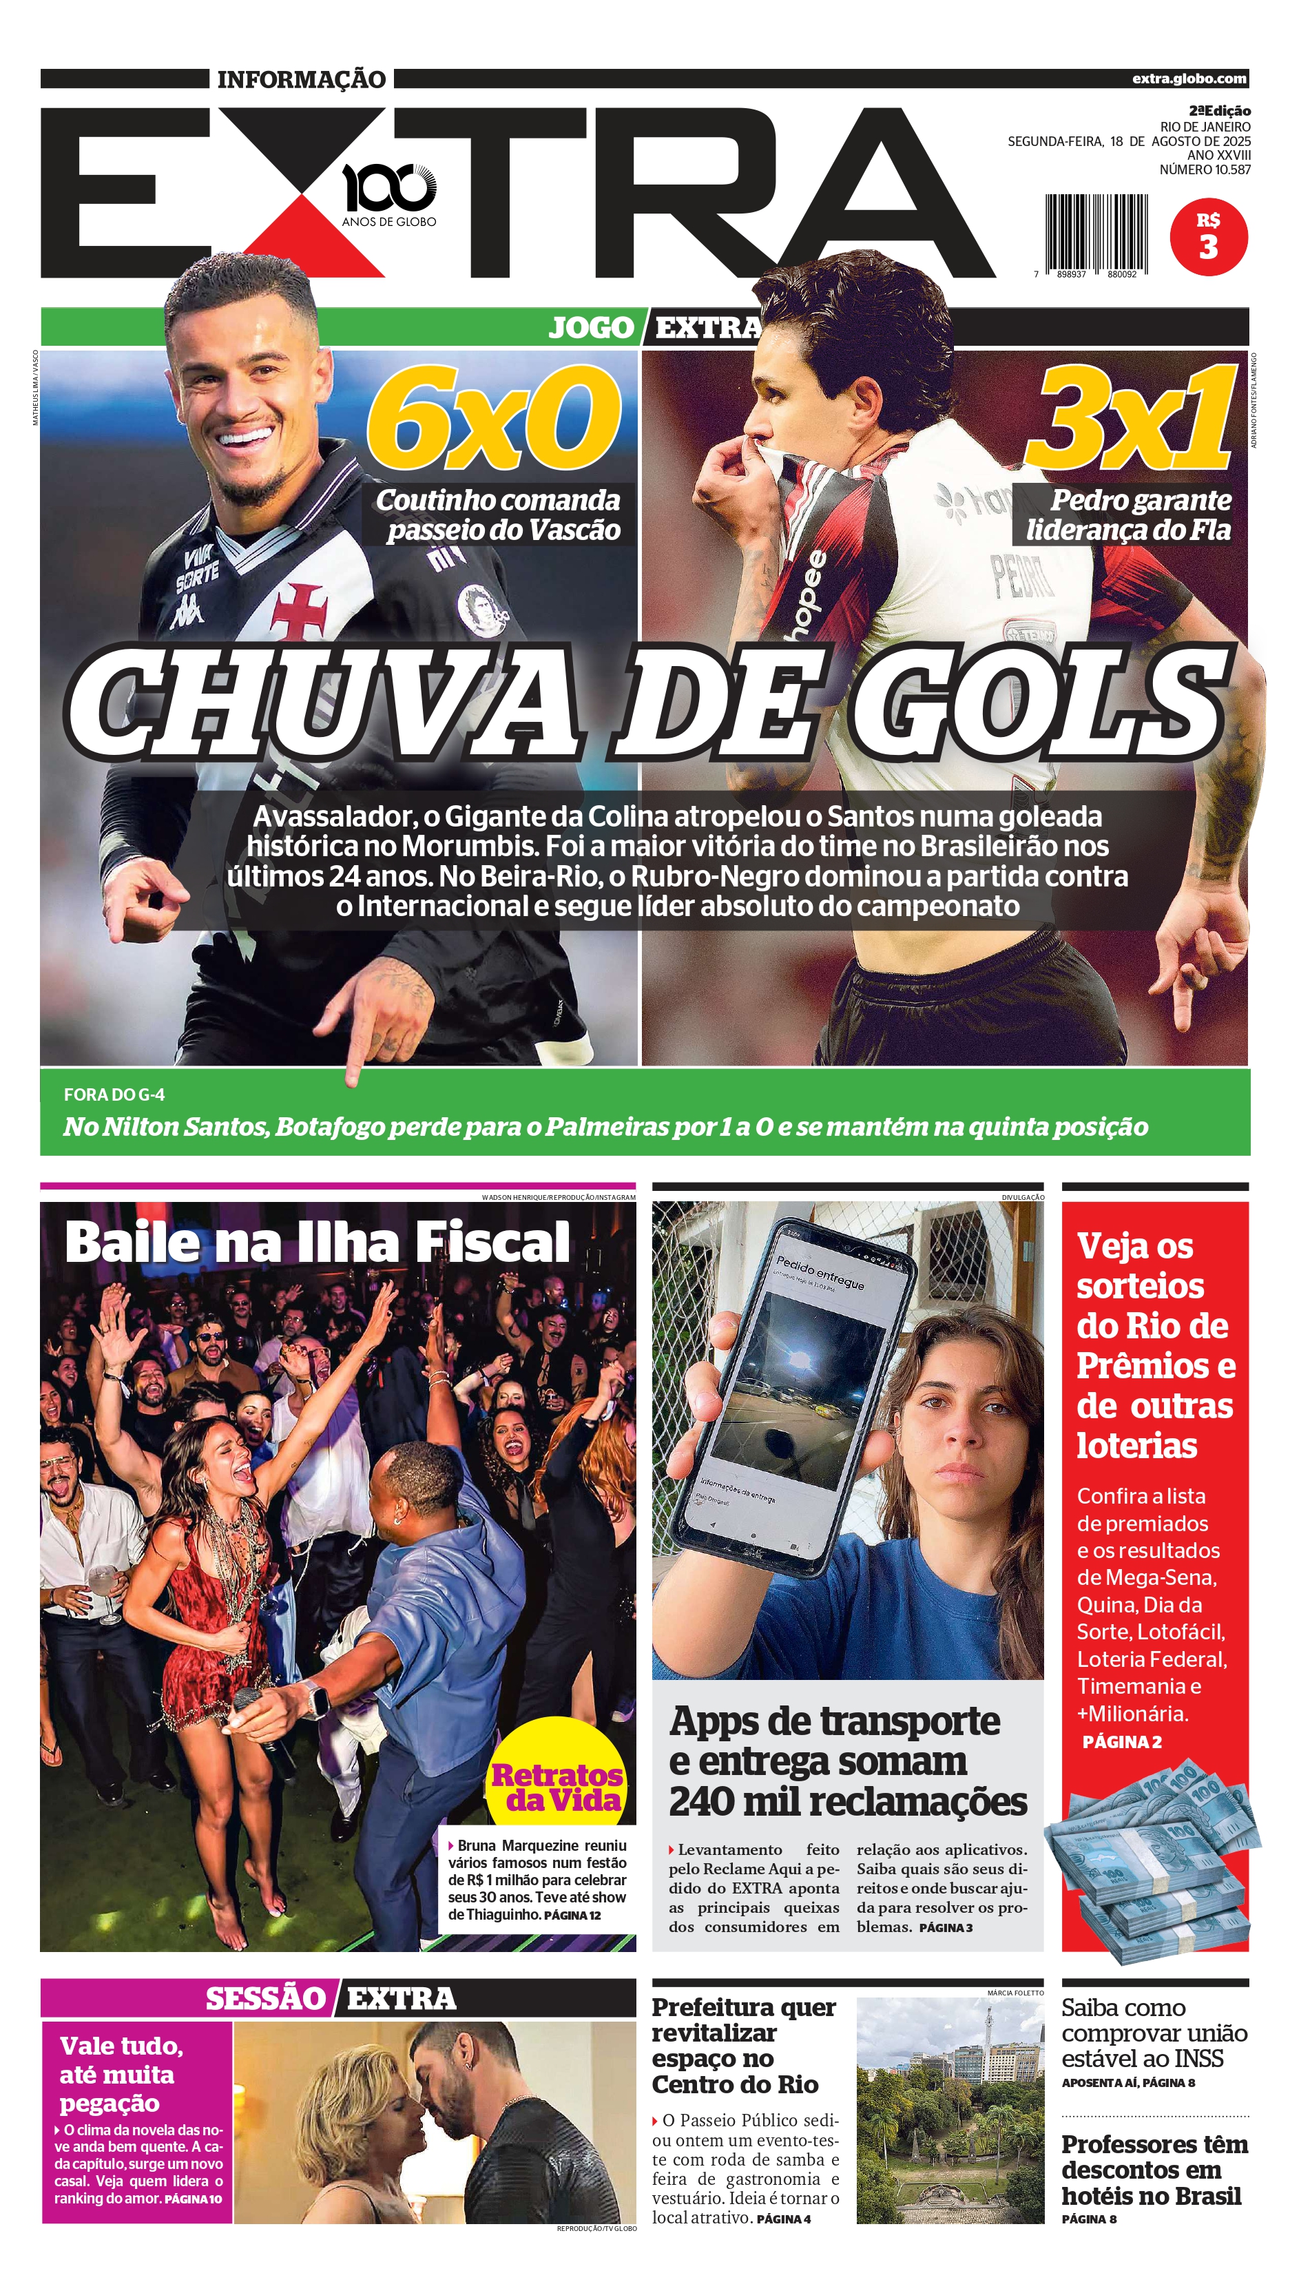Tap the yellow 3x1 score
coord(1131,418)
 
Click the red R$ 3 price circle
coord(1208,237)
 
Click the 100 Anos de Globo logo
coord(389,194)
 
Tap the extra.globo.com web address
coord(1189,79)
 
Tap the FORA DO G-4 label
coord(114,1095)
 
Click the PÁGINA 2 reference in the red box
coord(1122,1742)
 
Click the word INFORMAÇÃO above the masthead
coord(301,79)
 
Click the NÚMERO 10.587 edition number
coord(1205,169)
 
